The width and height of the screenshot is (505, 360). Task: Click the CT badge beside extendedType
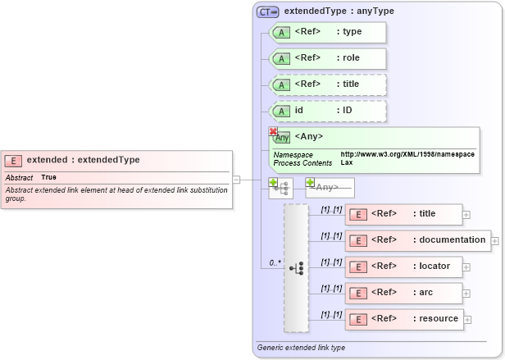tap(268, 12)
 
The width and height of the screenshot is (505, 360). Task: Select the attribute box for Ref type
tap(327, 33)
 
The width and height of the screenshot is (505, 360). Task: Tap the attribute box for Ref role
tap(327, 58)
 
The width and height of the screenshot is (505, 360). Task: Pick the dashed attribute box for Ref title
tap(327, 84)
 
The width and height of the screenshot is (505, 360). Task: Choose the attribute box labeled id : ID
tap(327, 111)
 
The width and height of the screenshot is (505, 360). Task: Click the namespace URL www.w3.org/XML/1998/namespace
tap(407, 154)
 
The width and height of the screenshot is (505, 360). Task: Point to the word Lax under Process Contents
tap(347, 163)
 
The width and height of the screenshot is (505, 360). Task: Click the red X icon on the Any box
tap(274, 131)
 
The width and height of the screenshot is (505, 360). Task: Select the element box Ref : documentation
tap(418, 240)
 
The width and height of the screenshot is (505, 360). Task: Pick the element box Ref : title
tap(403, 214)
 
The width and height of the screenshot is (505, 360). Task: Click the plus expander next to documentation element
tap(495, 241)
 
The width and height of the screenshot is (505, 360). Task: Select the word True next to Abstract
tap(49, 177)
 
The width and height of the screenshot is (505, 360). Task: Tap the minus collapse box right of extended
tap(236, 180)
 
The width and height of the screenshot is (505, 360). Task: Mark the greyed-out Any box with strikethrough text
tap(330, 187)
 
